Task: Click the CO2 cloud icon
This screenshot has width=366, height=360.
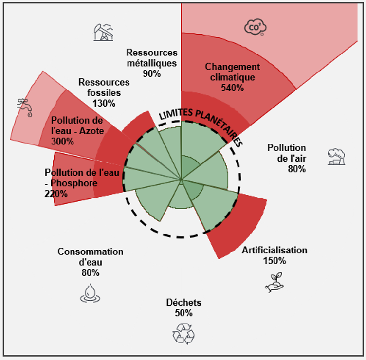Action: click(255, 28)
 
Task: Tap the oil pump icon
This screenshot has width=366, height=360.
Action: click(103, 32)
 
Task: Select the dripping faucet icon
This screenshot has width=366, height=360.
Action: click(24, 107)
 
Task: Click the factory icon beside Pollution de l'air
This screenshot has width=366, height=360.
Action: click(336, 157)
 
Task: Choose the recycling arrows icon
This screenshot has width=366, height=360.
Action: click(183, 334)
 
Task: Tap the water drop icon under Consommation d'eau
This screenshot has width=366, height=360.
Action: click(90, 293)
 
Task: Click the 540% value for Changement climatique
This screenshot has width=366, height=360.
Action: click(233, 88)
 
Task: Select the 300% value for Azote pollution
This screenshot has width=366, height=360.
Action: click(62, 142)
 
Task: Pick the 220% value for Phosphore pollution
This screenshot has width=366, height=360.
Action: click(55, 194)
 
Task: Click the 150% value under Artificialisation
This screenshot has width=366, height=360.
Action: click(274, 261)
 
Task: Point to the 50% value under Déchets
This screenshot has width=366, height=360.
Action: click(183, 313)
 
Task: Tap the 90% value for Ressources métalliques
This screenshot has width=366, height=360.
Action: click(152, 74)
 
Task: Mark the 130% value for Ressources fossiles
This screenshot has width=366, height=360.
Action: click(104, 103)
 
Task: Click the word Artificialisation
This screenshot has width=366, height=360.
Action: click(274, 251)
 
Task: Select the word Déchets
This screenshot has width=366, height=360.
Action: click(183, 303)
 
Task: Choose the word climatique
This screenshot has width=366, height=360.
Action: click(233, 77)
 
